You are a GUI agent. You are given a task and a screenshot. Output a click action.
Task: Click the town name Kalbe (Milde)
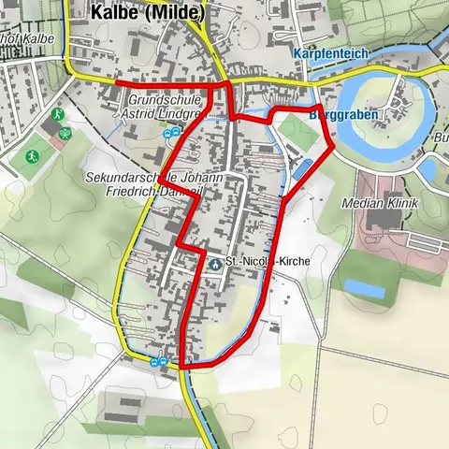[x=149, y=13]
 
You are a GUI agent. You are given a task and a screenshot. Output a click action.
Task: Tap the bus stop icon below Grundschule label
[x=171, y=134]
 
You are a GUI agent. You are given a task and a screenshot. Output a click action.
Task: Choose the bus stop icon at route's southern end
[x=160, y=362]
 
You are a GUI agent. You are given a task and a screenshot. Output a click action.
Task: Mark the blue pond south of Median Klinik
[x=364, y=290]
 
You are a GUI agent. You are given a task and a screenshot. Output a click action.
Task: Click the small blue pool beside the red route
[x=303, y=168]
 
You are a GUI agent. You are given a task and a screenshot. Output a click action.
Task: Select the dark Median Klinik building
[x=384, y=221]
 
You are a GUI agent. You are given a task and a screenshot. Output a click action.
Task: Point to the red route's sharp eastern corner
[x=334, y=147]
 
